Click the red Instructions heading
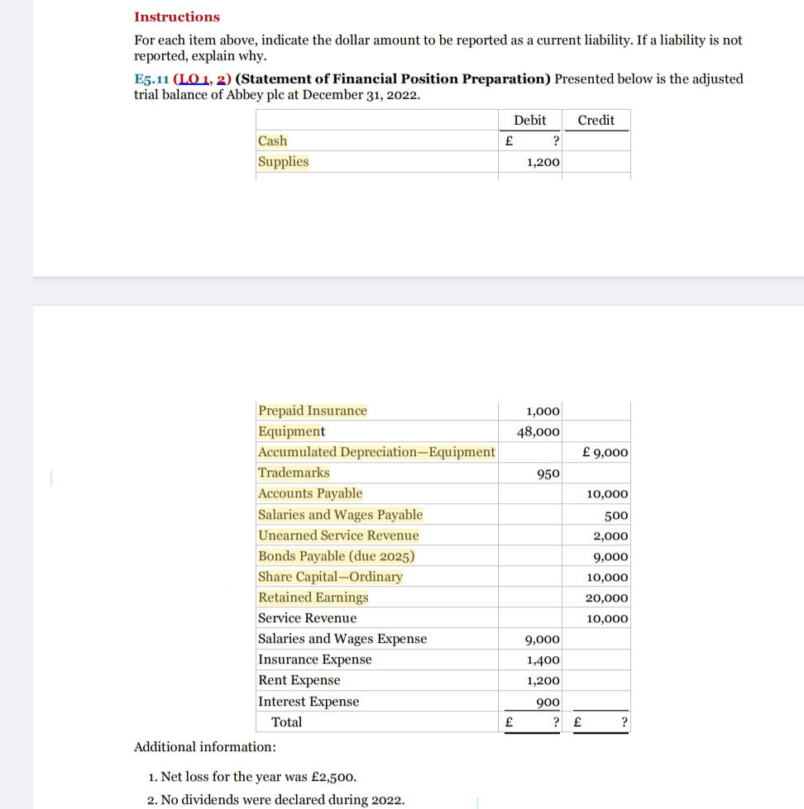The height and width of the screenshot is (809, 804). click(x=177, y=17)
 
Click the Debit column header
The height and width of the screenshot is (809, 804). click(x=529, y=121)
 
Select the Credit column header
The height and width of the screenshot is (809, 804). click(x=596, y=121)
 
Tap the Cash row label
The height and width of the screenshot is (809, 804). click(x=273, y=141)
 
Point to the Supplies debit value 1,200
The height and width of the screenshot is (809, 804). click(x=543, y=163)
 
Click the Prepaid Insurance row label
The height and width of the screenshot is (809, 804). click(x=313, y=411)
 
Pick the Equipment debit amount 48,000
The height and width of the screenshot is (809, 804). click(x=538, y=431)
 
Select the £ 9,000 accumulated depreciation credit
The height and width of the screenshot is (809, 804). click(x=605, y=453)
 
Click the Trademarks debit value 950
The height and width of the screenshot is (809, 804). click(x=548, y=474)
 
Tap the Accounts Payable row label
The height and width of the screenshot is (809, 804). click(x=310, y=493)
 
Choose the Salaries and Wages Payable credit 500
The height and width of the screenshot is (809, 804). click(x=616, y=516)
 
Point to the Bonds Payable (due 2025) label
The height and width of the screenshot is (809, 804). click(x=337, y=556)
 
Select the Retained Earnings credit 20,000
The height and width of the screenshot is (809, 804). click(x=607, y=598)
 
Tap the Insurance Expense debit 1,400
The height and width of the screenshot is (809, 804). click(x=543, y=660)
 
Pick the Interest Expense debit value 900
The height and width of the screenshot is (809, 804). click(x=548, y=702)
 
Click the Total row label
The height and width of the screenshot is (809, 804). click(x=287, y=722)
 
